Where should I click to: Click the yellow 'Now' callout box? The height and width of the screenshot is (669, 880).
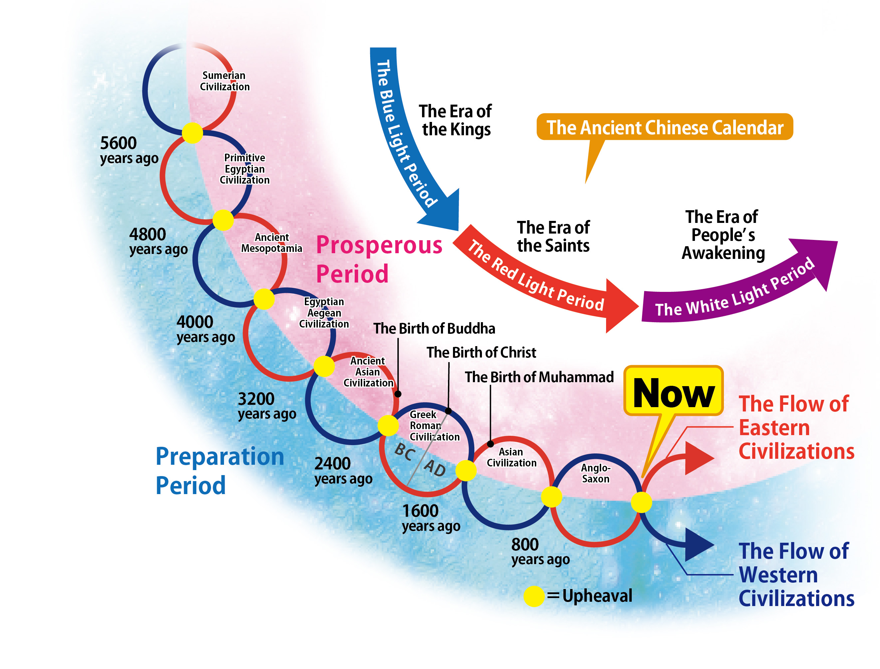tap(673, 391)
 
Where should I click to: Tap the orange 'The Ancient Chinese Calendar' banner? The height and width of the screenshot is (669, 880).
tap(664, 127)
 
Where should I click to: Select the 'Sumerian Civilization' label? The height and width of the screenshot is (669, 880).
tap(224, 81)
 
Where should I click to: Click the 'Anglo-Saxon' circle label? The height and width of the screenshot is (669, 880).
tap(595, 473)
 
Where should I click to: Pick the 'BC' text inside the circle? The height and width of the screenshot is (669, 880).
tap(405, 452)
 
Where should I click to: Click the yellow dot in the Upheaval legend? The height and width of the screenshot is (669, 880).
tap(534, 596)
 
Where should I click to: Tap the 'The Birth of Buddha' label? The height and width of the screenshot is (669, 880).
tap(434, 329)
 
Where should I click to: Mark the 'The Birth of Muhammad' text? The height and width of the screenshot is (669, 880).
tap(539, 377)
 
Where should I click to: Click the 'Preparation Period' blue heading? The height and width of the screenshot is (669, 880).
tap(219, 471)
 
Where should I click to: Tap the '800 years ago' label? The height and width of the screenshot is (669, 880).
tap(540, 551)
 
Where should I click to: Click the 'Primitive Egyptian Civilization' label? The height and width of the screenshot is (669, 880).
tap(244, 169)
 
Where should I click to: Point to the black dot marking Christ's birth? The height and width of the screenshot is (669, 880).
tap(448, 411)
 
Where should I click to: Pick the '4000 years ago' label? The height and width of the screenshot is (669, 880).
tap(205, 329)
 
